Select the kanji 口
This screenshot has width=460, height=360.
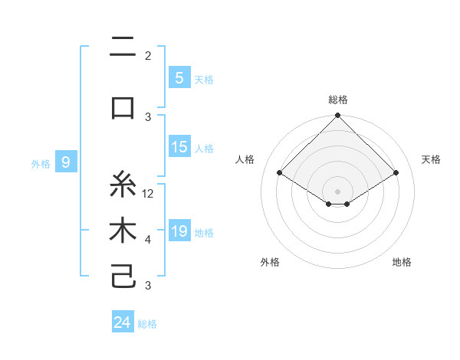click(x=123, y=107)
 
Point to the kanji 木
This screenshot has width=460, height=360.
click(x=123, y=231)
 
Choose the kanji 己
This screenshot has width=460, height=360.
click(x=123, y=276)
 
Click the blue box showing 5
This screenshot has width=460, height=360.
click(x=179, y=78)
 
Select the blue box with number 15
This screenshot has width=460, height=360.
click(x=179, y=147)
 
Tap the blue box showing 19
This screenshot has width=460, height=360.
click(x=179, y=231)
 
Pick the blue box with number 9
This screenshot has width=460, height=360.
click(x=66, y=162)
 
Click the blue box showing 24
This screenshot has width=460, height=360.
click(x=123, y=322)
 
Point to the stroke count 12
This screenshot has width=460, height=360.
click(x=149, y=194)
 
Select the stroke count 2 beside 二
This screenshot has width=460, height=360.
click(x=148, y=56)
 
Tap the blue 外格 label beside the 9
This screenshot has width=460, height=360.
click(x=41, y=163)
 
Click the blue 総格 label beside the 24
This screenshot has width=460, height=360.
click(x=147, y=324)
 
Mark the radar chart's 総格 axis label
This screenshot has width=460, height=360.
click(x=338, y=100)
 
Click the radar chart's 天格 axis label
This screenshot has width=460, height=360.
click(x=431, y=159)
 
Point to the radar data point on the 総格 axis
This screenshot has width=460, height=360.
click(x=338, y=116)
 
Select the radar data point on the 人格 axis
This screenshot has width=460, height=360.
click(x=280, y=173)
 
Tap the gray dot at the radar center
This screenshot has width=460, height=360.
click(x=338, y=191)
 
